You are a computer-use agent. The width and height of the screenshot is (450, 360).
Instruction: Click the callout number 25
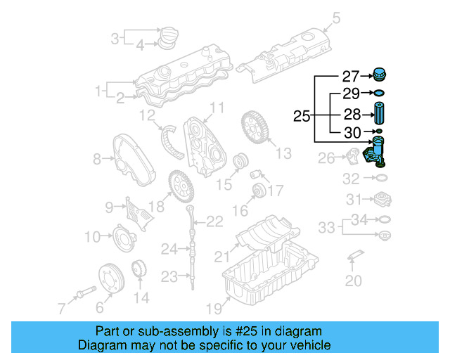pyautogui.click(x=301, y=116)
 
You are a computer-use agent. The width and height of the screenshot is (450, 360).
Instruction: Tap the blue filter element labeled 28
pyautogui.click(x=379, y=114)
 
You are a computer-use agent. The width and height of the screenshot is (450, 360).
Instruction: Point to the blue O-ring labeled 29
pyautogui.click(x=378, y=93)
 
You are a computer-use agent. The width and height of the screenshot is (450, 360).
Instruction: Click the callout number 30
pyautogui.click(x=351, y=131)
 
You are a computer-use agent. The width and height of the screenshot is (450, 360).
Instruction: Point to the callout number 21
pyautogui.click(x=221, y=255)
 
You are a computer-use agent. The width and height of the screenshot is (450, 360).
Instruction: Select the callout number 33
pyautogui.click(x=326, y=227)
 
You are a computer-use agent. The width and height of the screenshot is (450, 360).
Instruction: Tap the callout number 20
pyautogui.click(x=354, y=282)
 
